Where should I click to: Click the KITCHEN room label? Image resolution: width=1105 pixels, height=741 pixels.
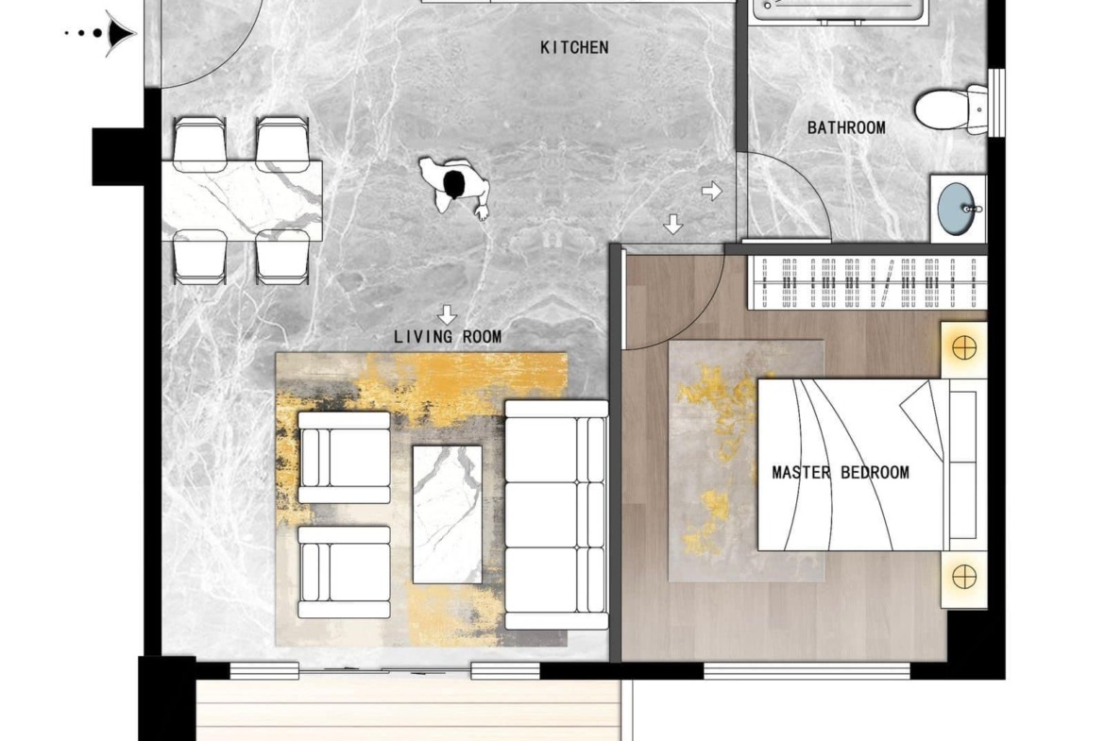[x=574, y=47]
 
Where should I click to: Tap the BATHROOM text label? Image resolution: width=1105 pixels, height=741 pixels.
[x=846, y=127]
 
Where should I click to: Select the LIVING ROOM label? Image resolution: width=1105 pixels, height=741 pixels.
[x=448, y=337]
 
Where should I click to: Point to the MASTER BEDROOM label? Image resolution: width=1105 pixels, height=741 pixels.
[x=840, y=473]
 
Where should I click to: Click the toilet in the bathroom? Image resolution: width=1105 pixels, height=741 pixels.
[x=951, y=109]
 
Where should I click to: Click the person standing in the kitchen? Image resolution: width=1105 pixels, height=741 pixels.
[x=454, y=186]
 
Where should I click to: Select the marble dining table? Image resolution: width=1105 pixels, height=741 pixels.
[x=242, y=200]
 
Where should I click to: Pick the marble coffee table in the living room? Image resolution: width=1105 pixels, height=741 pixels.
[x=448, y=514]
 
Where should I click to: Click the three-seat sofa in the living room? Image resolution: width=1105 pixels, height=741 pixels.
[x=556, y=514]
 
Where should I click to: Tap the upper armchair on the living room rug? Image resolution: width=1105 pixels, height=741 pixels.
[x=344, y=457]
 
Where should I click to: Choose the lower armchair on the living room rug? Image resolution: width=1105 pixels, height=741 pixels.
[x=344, y=572]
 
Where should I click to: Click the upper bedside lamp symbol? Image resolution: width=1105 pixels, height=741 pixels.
[x=964, y=348]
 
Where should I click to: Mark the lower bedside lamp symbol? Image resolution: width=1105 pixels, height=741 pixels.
[x=964, y=577]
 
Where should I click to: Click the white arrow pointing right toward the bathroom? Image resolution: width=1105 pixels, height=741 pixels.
[x=712, y=190]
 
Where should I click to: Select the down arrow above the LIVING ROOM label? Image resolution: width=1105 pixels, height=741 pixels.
[x=447, y=314]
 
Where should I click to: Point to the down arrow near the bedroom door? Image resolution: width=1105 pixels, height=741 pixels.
[x=673, y=225]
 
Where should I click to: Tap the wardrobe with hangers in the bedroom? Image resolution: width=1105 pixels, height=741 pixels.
[x=867, y=282]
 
